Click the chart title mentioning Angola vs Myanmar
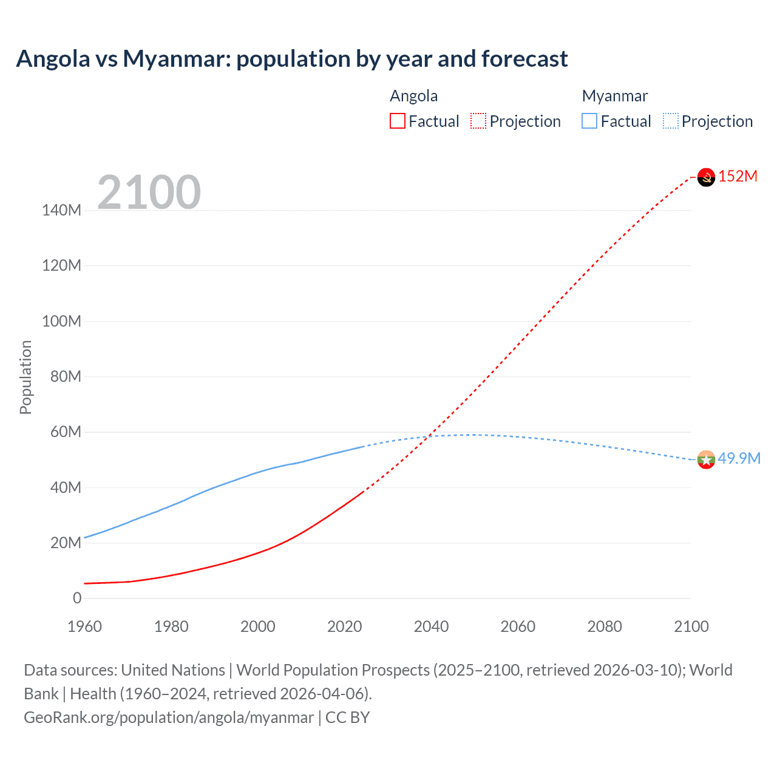pos(292,59)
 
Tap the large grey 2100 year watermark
pos(149,192)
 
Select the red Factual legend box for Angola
pos(397,121)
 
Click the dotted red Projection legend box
pos(478,121)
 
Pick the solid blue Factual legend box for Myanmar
pos(589,121)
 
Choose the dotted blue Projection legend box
pos(670,121)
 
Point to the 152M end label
pos(738,177)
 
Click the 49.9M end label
pos(739,458)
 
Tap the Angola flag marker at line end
pos(706,177)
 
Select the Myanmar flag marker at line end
pos(706,460)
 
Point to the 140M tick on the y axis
pos(61,211)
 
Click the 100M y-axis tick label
pos(61,321)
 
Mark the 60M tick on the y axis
pos(65,432)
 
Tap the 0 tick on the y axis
pos(77,598)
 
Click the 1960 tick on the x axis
pos(84,626)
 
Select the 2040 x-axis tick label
pos(431,626)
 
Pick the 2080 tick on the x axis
pos(605,626)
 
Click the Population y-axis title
pos(25,377)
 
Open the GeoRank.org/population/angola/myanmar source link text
pos(169,718)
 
